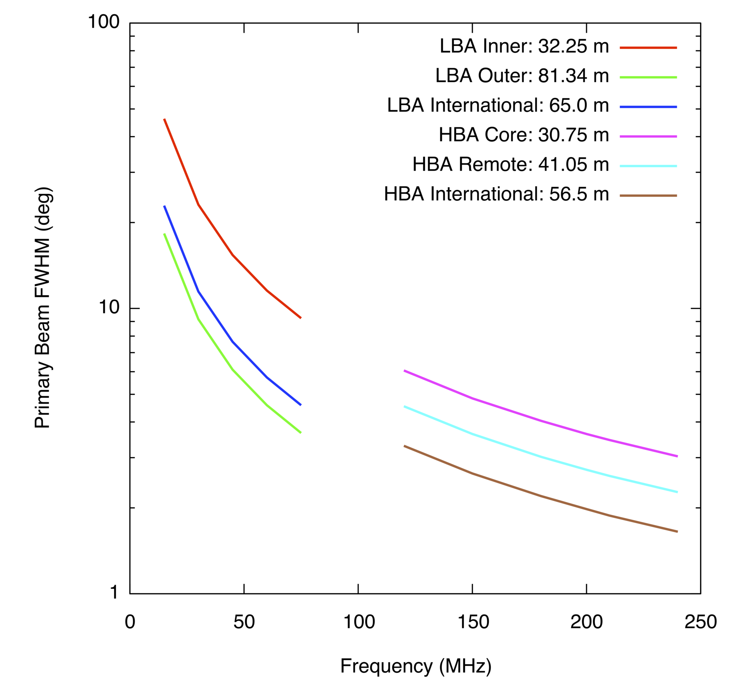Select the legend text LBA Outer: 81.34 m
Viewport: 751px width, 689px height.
click(522, 76)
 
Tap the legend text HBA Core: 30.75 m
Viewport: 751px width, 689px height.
click(524, 135)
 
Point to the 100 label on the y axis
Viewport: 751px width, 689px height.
click(103, 22)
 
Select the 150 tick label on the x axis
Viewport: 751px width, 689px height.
click(473, 622)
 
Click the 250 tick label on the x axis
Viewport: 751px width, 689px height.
click(701, 622)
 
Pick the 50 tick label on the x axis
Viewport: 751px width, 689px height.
click(244, 622)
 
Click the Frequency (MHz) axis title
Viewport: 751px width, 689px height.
click(416, 666)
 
